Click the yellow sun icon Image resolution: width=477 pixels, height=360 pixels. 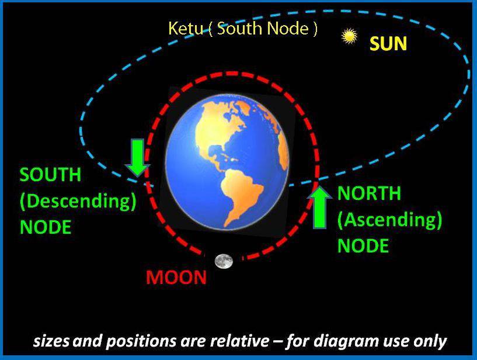pos(349,36)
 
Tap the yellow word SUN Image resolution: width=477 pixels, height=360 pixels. pos(388,43)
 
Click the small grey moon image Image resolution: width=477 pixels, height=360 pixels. pos(224,261)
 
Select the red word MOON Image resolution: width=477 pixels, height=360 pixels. pos(176,277)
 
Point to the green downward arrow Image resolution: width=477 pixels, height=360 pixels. pos(138,157)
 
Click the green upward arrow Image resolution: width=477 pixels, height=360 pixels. pos(319,207)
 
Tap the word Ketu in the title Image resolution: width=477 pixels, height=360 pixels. pos(186,28)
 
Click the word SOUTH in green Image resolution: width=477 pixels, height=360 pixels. pos(50,175)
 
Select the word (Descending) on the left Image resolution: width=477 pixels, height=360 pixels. pos(78,201)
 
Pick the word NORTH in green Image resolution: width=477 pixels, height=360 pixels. pos(370,193)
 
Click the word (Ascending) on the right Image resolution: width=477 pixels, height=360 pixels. pos(389,220)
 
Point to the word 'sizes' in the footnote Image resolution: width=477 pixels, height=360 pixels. pos(51,341)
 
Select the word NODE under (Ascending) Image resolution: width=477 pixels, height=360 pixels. pos(363,246)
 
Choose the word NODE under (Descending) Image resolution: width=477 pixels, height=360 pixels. pos(46,227)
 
